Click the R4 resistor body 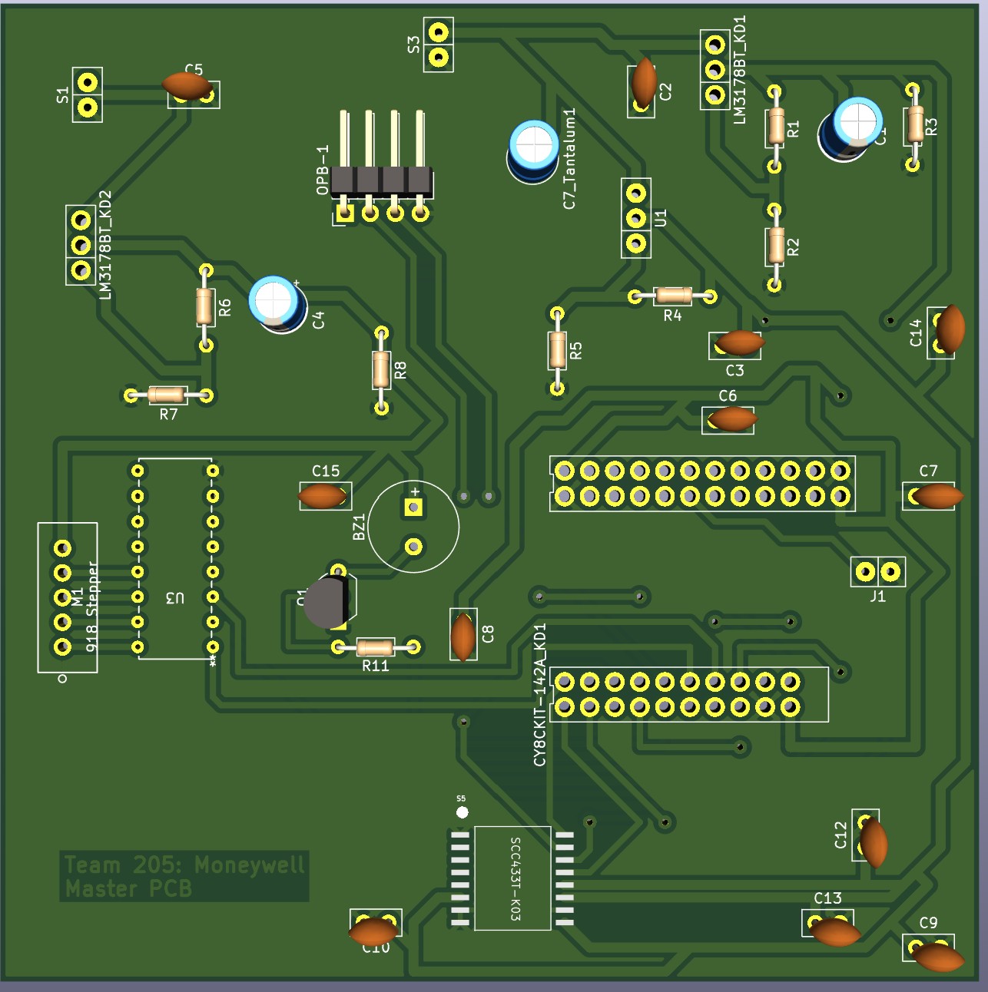[x=673, y=295]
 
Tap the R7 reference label [x=168, y=415]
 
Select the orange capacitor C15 [x=322, y=496]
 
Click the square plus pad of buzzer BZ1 [x=413, y=507]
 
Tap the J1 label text [x=877, y=596]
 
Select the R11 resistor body [x=376, y=647]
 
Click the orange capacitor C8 [x=463, y=636]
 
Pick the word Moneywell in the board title [x=250, y=865]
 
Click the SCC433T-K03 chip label [x=515, y=878]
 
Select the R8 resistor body [x=381, y=369]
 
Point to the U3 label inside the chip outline [x=175, y=597]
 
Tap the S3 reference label [x=414, y=45]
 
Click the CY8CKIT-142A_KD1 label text [x=540, y=694]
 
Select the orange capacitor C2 [x=644, y=82]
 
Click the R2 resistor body [x=774, y=246]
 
